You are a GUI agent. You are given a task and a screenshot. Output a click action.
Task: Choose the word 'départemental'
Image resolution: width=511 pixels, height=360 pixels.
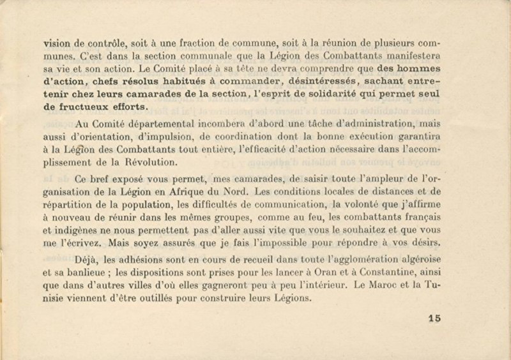[x=167, y=125]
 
